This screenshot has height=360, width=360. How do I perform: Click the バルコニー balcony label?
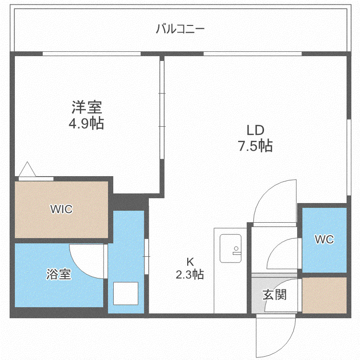[180, 29]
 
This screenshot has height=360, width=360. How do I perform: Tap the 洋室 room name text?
[87, 107]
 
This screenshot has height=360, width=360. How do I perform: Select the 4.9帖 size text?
[86, 124]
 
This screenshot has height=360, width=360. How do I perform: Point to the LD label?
[255, 130]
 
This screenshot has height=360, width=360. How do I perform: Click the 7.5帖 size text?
[255, 146]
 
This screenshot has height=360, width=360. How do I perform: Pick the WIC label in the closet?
[61, 209]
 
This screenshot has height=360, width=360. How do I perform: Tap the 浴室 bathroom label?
[59, 274]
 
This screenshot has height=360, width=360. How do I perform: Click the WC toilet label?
[324, 240]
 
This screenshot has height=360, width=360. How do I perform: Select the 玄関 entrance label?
[275, 295]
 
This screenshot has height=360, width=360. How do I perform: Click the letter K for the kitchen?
[190, 262]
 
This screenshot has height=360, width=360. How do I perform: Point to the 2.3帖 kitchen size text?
[190, 275]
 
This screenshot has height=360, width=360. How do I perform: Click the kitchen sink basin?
[230, 249]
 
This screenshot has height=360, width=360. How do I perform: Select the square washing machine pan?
[126, 293]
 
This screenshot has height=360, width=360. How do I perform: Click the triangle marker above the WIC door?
[27, 169]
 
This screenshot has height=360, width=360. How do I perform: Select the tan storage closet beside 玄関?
[324, 295]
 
